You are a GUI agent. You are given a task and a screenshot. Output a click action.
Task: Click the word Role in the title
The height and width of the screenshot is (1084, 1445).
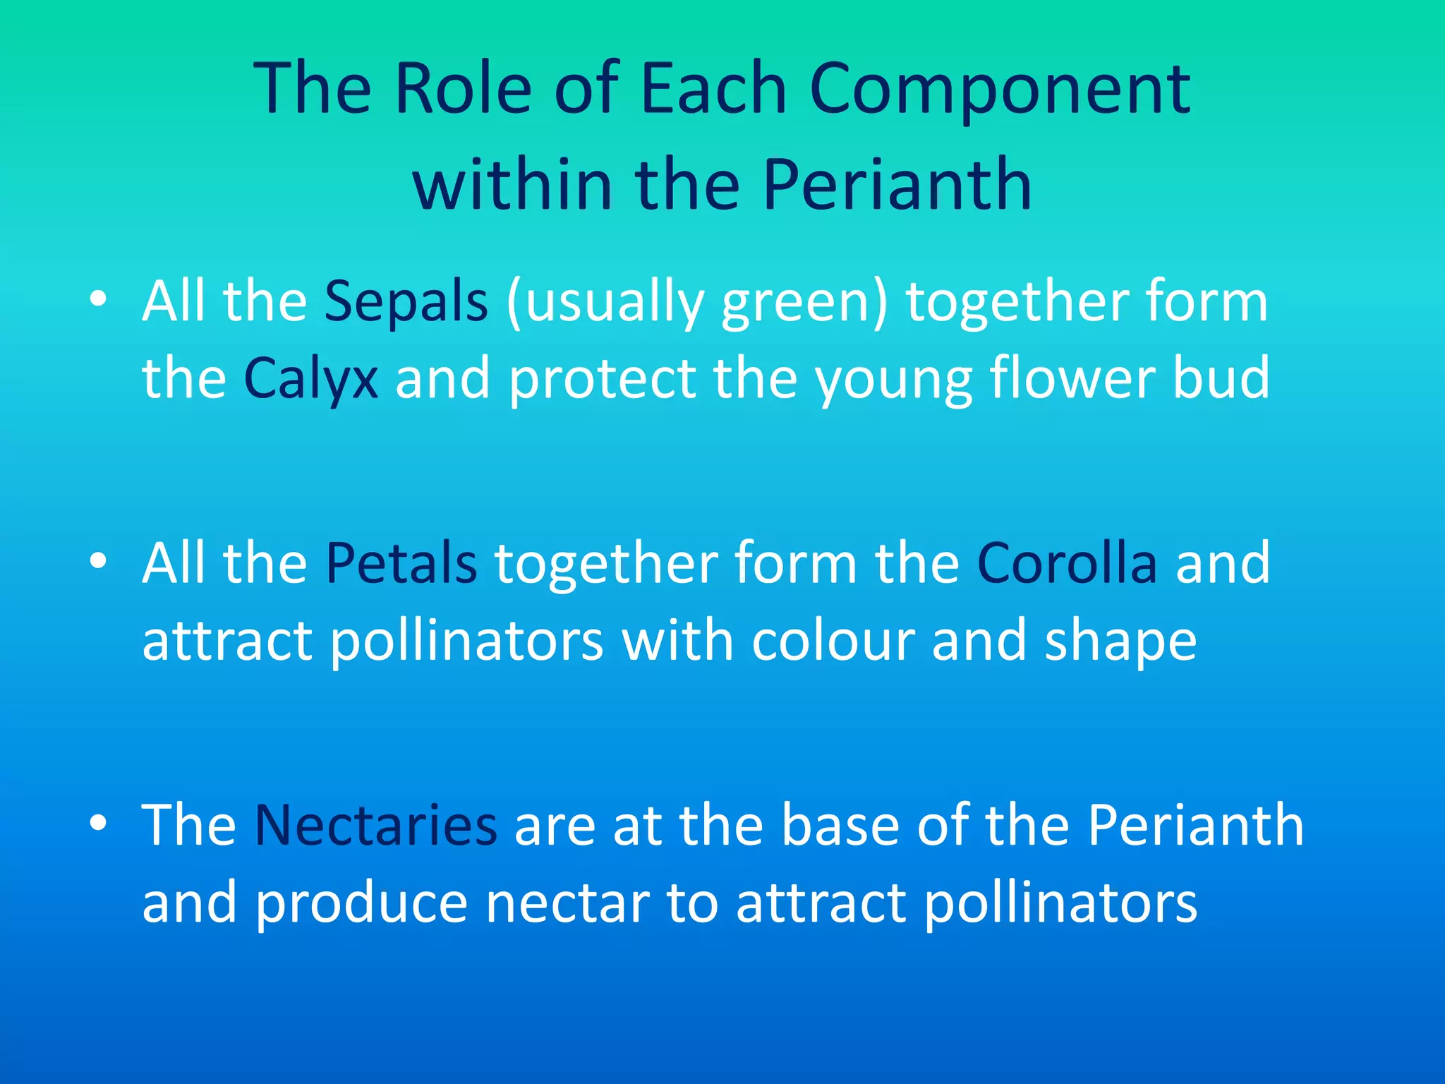point(463,89)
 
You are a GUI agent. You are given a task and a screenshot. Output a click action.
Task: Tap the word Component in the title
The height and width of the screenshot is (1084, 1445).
point(1000,89)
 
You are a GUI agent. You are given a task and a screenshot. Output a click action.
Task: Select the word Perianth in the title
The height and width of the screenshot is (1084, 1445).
point(897,185)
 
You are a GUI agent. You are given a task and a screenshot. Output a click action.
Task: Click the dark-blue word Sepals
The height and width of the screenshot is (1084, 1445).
point(406,301)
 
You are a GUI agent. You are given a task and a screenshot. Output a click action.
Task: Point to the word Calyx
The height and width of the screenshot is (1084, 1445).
point(310,379)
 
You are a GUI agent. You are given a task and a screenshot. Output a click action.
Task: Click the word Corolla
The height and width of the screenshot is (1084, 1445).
point(1067,563)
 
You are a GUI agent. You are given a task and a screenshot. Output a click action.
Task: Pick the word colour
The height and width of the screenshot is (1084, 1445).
point(833,641)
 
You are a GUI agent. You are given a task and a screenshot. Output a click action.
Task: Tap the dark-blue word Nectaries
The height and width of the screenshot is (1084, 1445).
point(375,825)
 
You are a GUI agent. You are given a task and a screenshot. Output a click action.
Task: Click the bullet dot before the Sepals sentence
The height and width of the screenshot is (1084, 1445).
point(98,299)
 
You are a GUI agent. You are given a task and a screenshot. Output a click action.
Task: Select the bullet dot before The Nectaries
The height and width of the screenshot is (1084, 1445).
point(98,823)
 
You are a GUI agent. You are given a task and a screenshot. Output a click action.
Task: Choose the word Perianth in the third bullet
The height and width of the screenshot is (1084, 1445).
point(1195,825)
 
